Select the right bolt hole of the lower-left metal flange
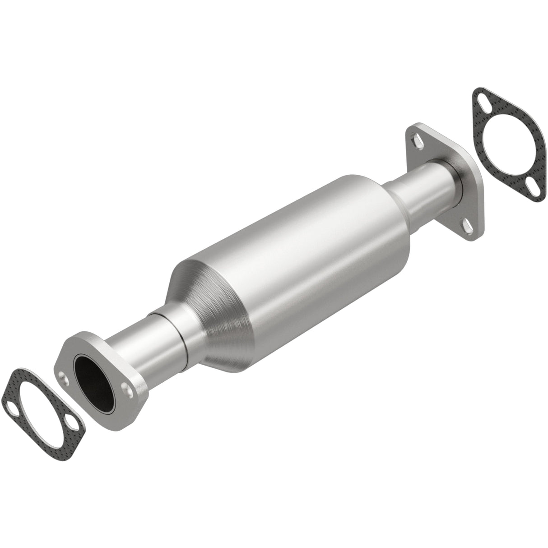130,389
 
